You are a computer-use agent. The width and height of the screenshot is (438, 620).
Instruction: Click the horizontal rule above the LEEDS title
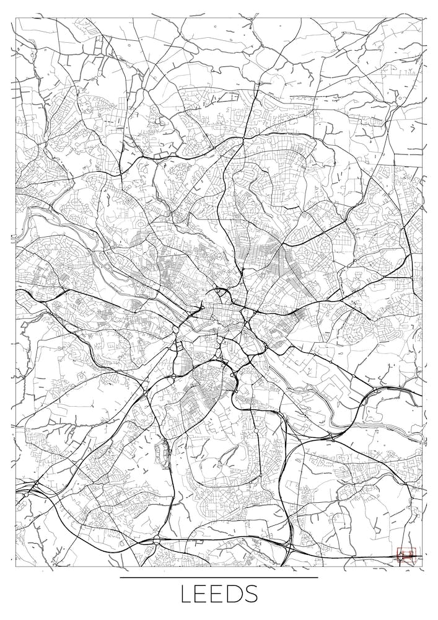pos(219,577)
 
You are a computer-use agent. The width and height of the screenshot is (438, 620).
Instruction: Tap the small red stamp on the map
pos(406,554)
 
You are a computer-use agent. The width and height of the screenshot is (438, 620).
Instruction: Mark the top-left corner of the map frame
pos(15,18)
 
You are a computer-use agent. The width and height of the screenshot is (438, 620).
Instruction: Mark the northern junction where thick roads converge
pos(243,139)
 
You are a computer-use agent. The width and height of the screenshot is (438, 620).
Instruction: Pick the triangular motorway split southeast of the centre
pos(251,360)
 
